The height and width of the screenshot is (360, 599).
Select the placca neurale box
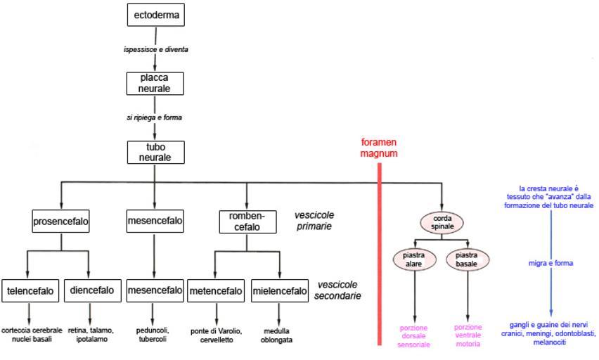click(155, 84)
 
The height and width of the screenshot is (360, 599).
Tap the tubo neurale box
click(155, 152)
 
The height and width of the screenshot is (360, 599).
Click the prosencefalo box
click(61, 221)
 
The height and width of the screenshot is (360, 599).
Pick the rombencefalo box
click(247, 222)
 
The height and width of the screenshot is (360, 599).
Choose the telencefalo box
click(30, 290)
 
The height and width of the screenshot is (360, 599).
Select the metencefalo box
click(216, 290)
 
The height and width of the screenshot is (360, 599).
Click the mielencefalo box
click(280, 290)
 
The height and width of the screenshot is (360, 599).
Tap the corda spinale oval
click(443, 223)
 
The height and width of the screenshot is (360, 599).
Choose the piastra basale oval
click(468, 259)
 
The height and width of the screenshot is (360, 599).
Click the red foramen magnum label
click(379, 148)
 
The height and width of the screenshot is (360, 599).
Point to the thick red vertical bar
click(379, 253)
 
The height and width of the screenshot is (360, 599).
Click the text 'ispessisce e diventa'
click(156, 50)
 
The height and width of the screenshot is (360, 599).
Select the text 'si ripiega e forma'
click(150, 117)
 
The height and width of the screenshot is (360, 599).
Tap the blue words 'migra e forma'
click(551, 263)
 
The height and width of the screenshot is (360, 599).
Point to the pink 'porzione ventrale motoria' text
click(468, 335)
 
